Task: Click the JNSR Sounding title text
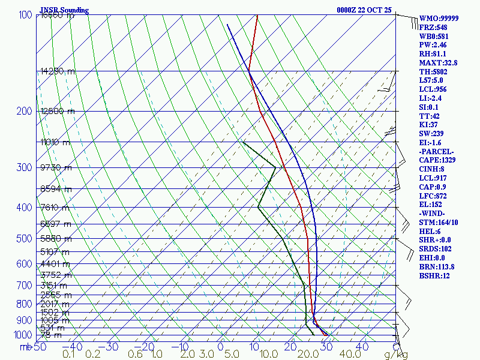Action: click(x=64, y=10)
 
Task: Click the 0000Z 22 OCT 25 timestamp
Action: click(x=364, y=10)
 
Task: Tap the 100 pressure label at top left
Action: click(x=25, y=15)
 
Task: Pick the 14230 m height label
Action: click(x=58, y=71)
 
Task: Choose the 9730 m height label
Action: click(x=55, y=167)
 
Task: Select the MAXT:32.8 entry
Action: click(x=439, y=62)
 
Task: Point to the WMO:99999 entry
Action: click(x=439, y=19)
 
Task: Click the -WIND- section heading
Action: click(x=434, y=214)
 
